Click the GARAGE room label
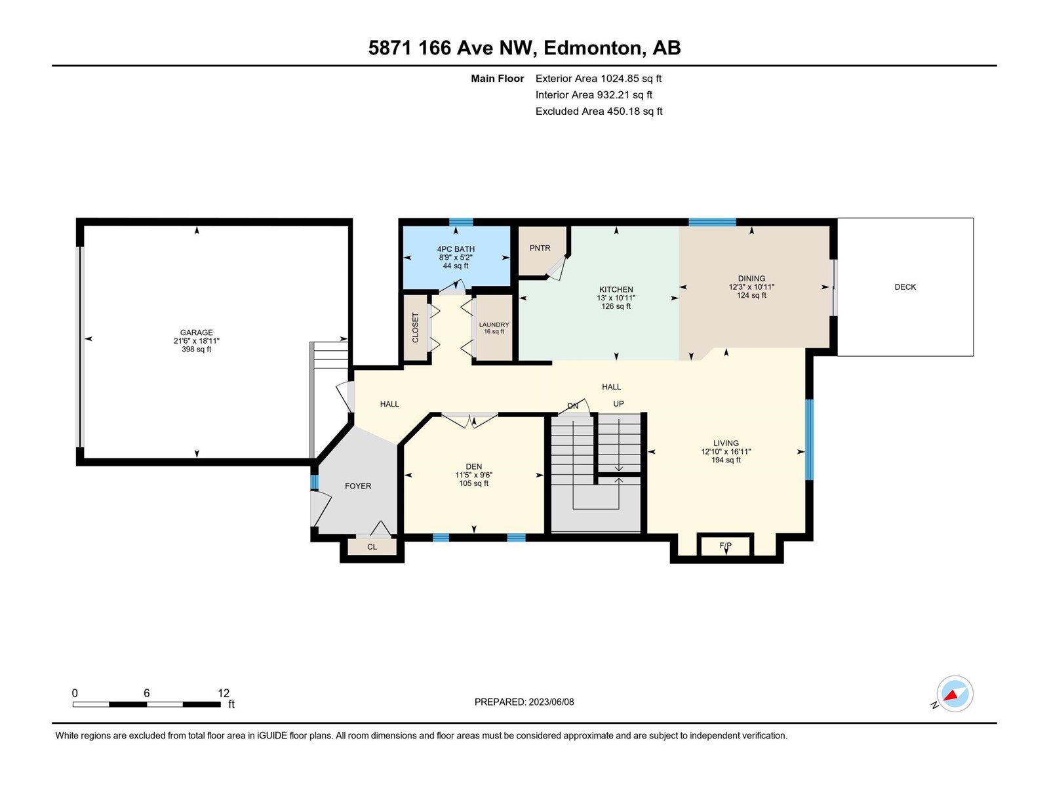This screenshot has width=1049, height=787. point(197,333)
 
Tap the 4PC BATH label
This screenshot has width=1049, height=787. point(456,249)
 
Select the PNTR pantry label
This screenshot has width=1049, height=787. point(540,248)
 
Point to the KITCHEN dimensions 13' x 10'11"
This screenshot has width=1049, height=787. point(616,298)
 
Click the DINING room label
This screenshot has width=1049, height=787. point(751,278)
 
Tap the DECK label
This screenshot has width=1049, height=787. point(905,287)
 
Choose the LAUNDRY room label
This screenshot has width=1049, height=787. point(494,325)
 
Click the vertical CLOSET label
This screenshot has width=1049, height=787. point(415,327)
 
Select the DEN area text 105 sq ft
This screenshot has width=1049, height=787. point(473,483)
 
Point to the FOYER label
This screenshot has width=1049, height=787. point(358,486)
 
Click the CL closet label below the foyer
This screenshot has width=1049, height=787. point(372,547)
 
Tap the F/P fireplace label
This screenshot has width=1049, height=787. point(726,546)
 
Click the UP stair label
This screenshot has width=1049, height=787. point(618,404)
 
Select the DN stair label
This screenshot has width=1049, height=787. point(573,406)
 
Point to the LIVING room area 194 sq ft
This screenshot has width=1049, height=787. point(726,460)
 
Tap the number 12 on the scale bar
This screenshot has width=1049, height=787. point(224,693)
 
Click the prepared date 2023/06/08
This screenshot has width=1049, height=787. point(551,702)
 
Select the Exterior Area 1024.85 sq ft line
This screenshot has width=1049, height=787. point(599,78)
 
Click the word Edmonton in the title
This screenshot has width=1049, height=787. point(592,48)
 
